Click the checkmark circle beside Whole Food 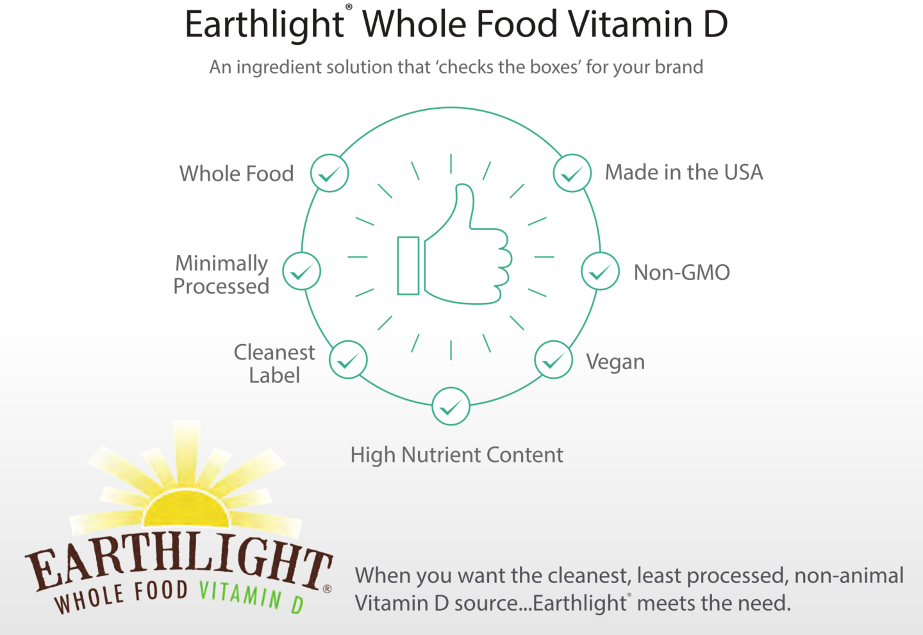(x=329, y=173)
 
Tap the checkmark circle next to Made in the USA (x=572, y=173)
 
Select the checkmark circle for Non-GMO (x=600, y=271)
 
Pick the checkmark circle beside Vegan (x=553, y=360)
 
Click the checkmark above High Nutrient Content (x=451, y=406)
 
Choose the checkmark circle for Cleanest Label (x=348, y=360)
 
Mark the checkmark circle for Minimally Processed (x=301, y=271)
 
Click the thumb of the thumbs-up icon (x=463, y=205)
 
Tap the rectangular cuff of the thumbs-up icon (x=408, y=266)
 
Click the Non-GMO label (x=681, y=273)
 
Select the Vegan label (x=615, y=362)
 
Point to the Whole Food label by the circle (x=237, y=174)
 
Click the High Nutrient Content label (x=456, y=455)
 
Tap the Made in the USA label (x=684, y=172)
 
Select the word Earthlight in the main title (x=264, y=24)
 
